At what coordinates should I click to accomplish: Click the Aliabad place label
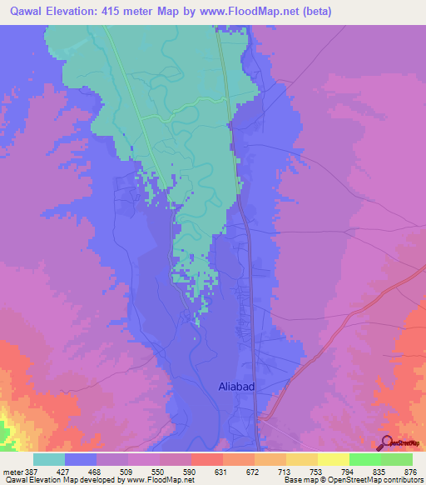(240, 386)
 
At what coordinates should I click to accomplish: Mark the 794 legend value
(349, 472)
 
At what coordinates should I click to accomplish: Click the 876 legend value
(411, 472)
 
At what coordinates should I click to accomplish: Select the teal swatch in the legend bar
(49, 459)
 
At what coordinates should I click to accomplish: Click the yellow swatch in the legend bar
(333, 459)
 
